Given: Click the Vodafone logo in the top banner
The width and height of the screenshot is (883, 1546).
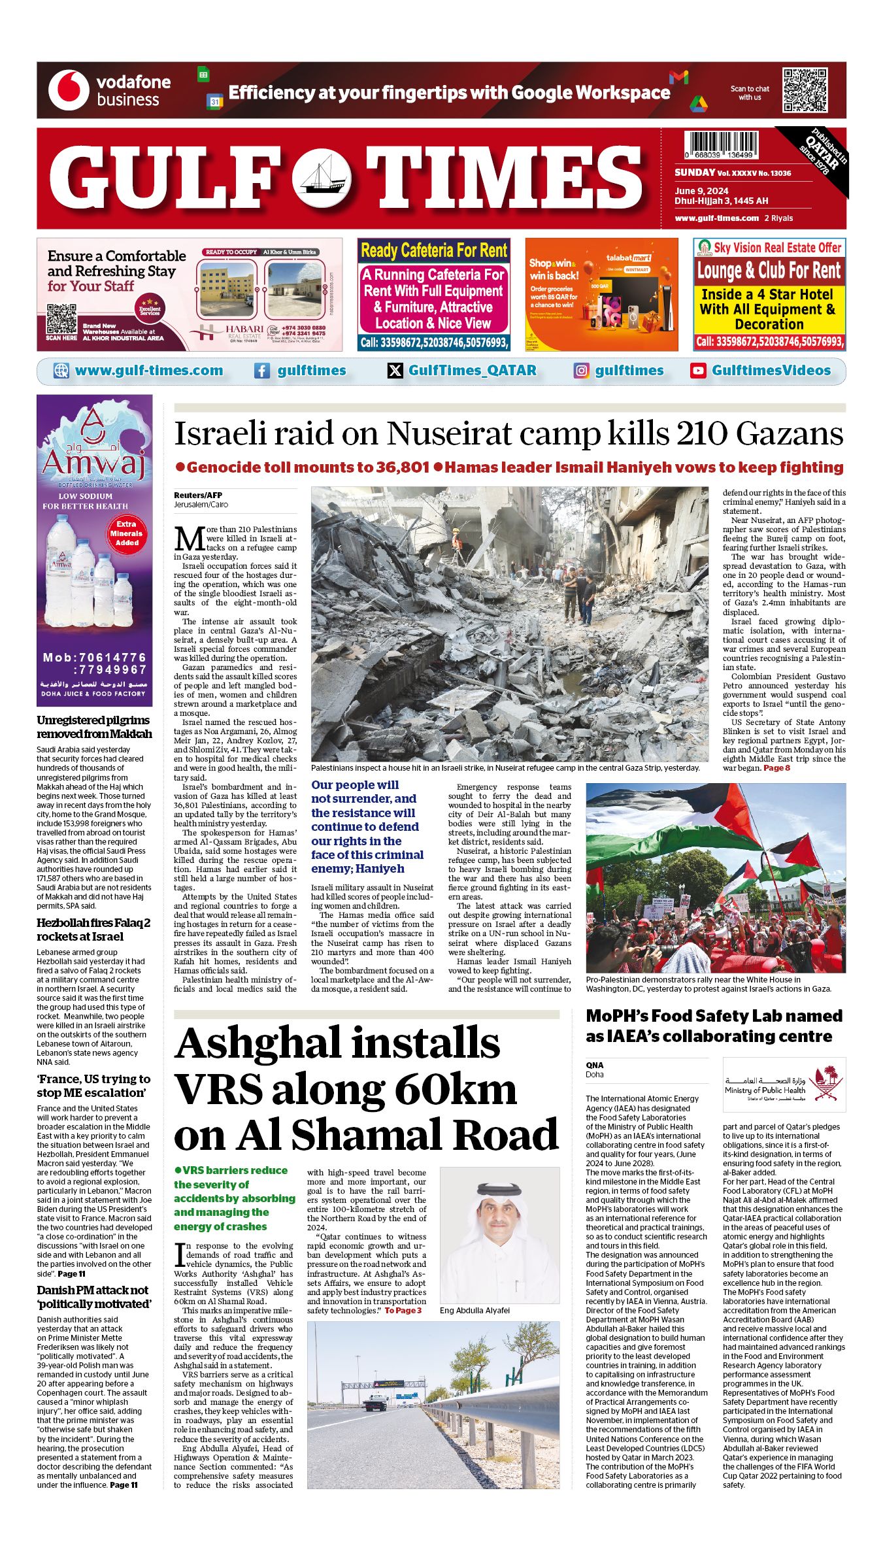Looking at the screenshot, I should (69, 90).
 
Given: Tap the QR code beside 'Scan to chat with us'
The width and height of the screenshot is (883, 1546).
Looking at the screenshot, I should (805, 91).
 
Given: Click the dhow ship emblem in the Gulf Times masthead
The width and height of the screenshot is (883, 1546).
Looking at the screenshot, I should (321, 178).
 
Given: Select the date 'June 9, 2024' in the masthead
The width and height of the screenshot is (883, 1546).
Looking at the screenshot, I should (701, 191).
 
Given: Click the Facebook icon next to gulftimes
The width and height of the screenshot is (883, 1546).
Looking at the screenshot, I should (261, 371).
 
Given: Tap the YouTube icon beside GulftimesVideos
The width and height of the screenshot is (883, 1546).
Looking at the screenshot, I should (698, 371).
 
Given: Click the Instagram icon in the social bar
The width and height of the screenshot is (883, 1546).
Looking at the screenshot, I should (581, 371).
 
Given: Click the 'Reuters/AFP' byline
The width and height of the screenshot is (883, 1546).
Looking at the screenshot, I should (198, 495).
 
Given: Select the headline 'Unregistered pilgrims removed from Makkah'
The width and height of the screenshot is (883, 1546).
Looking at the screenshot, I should (94, 727).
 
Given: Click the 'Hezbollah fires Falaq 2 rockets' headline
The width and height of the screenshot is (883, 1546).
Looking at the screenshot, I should (93, 930).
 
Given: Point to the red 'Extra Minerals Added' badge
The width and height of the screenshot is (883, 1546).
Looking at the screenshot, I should (127, 533).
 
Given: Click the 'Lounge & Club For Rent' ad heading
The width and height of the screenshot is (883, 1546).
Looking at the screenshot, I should (769, 270).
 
